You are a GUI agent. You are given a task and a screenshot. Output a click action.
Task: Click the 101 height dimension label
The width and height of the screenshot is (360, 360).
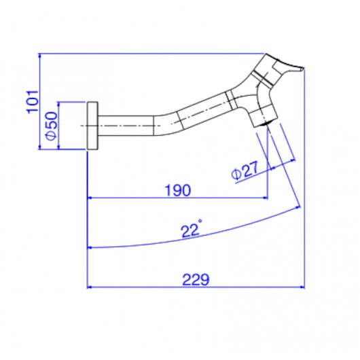[x=33, y=102]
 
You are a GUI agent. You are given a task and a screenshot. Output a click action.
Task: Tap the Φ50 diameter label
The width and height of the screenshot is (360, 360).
[x=51, y=126]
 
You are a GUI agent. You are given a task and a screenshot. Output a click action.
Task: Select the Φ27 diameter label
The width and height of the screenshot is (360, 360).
[x=245, y=170]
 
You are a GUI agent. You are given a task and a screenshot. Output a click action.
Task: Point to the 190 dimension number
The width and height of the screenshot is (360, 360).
[x=178, y=190]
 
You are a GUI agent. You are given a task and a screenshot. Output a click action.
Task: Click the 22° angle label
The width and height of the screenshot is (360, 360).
[x=192, y=230]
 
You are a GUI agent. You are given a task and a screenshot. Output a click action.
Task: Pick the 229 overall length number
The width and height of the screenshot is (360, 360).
[x=196, y=279]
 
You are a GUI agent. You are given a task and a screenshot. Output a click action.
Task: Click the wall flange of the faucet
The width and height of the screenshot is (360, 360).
[x=92, y=126]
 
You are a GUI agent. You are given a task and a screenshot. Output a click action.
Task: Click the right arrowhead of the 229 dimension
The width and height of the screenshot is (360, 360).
[x=302, y=287]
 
